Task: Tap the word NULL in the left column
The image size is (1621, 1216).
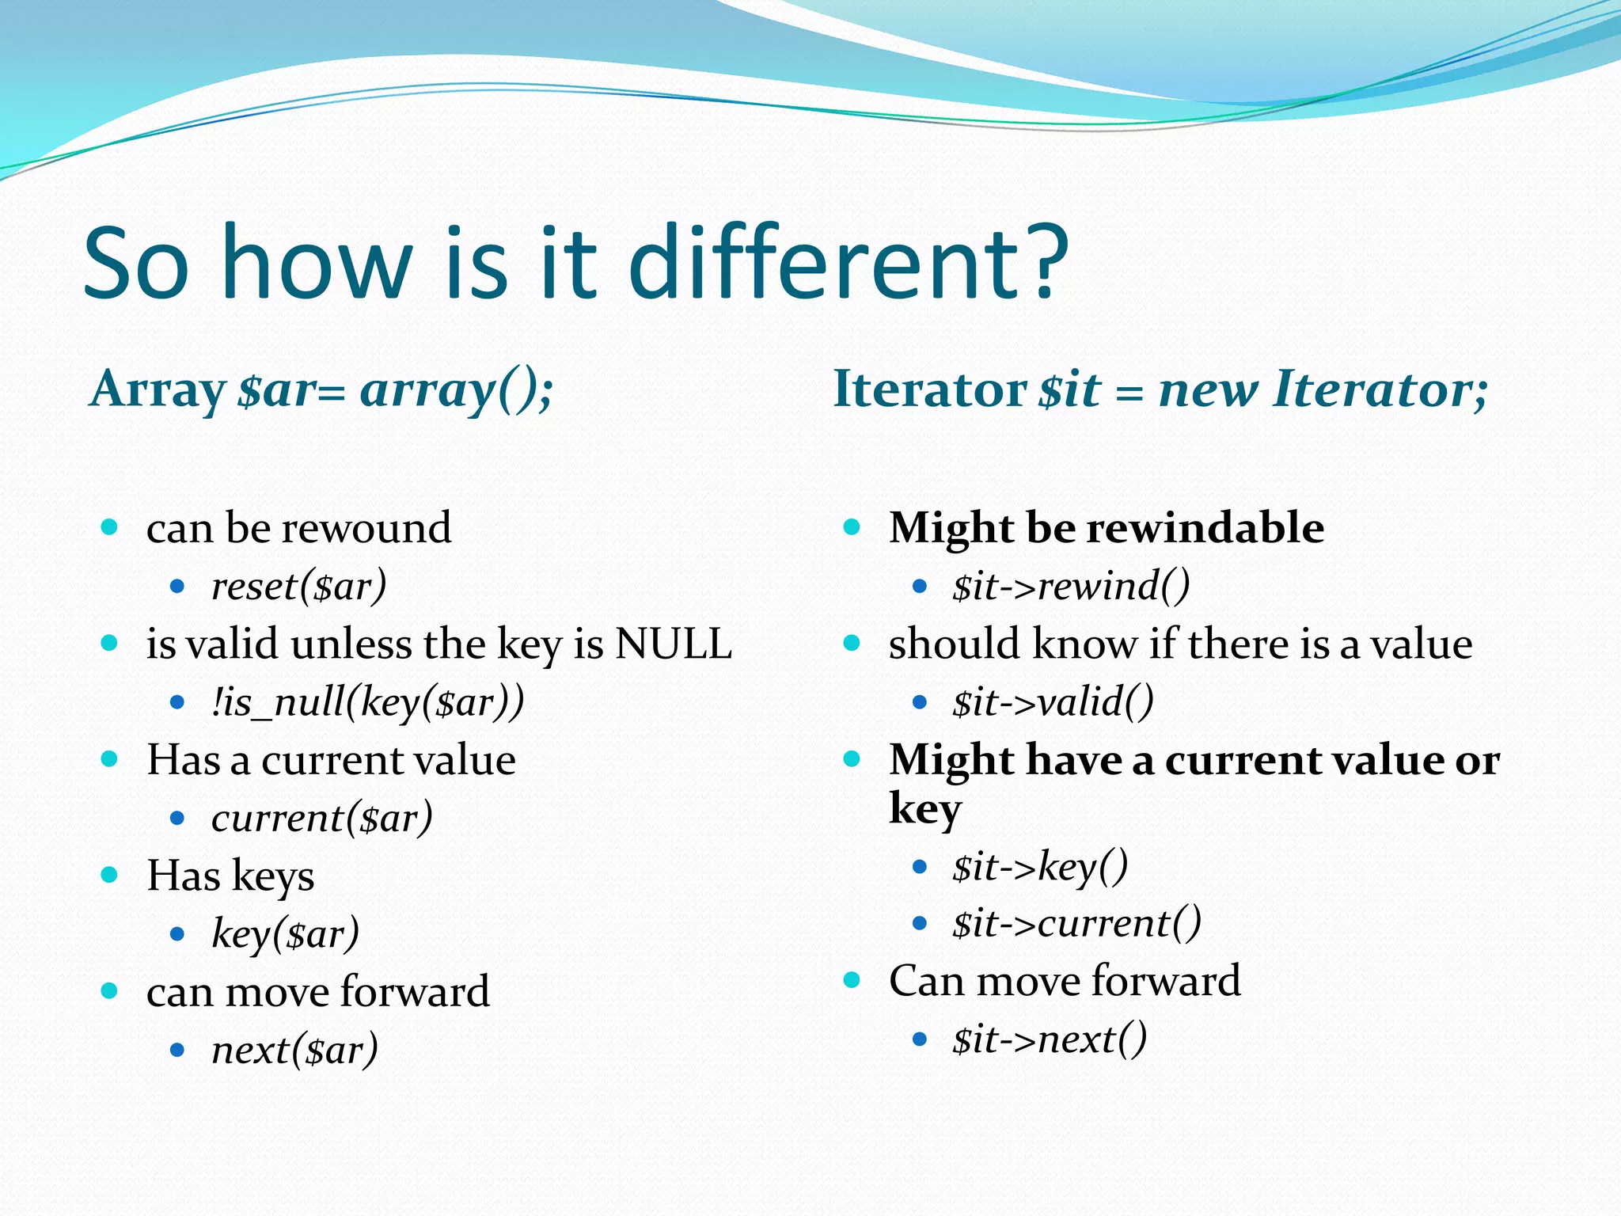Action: pos(674,644)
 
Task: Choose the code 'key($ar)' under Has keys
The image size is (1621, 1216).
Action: pos(286,934)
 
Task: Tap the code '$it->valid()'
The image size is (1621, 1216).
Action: pos(1053,702)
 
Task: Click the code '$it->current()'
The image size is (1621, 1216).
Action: pos(1077,923)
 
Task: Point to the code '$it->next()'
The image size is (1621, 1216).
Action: pos(1050,1039)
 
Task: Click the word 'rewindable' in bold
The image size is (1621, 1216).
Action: pos(1212,528)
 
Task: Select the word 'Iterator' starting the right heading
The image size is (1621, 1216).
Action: pos(930,389)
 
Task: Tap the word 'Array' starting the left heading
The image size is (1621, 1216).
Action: pos(158,390)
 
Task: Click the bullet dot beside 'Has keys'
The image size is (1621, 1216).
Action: pos(109,876)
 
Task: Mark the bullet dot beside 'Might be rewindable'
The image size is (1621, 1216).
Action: pos(852,527)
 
